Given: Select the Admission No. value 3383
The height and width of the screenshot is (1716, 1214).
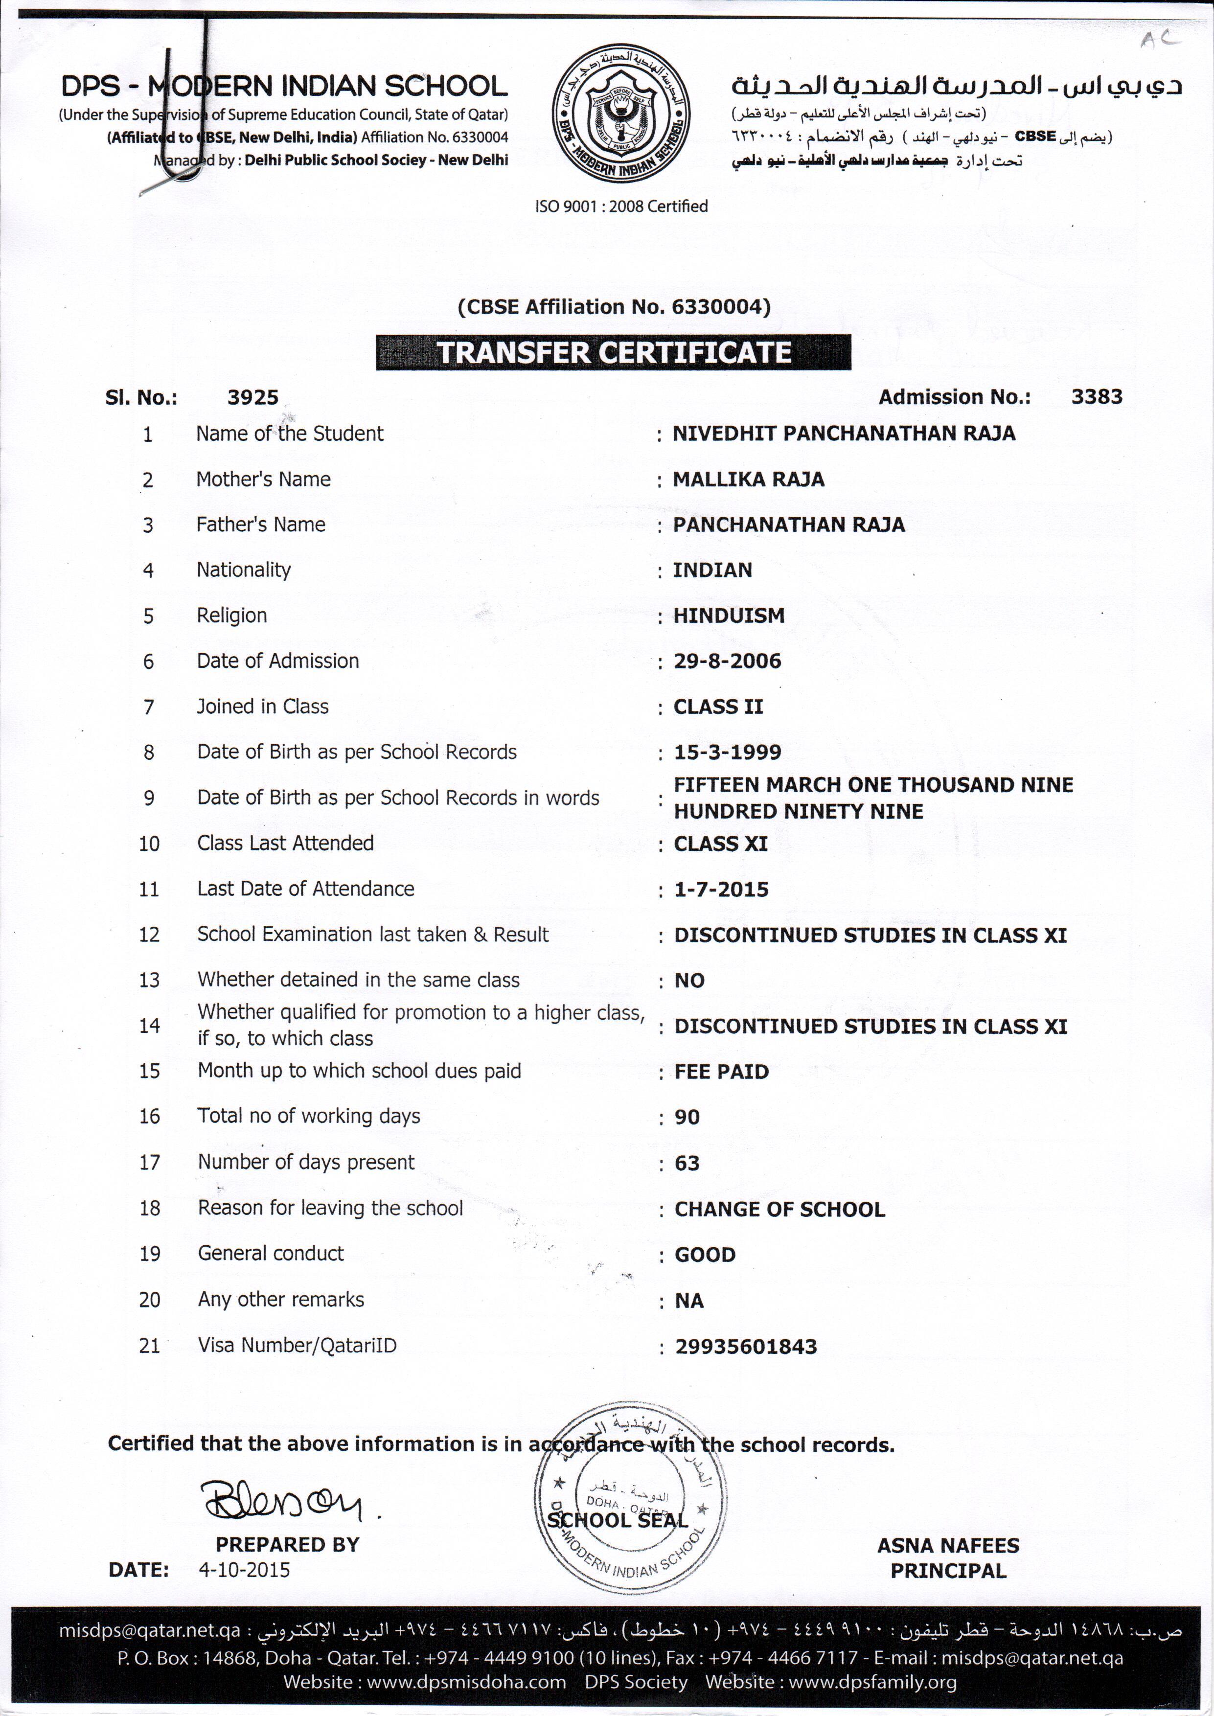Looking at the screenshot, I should [x=1096, y=397].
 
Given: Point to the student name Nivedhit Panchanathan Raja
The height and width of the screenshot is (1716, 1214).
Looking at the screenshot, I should [x=843, y=434].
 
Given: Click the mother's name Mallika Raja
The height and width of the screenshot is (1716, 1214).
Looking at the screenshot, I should [x=748, y=479].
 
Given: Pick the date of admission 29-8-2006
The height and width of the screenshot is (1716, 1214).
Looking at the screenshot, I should [x=727, y=661].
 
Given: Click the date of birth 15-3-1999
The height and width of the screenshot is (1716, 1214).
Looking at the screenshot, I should [x=727, y=752].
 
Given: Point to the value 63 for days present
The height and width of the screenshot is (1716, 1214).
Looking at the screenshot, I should [x=687, y=1163].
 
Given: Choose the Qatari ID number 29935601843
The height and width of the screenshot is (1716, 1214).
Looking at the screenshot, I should [x=745, y=1346].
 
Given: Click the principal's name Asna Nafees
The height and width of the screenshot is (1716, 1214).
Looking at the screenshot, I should [x=948, y=1545].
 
